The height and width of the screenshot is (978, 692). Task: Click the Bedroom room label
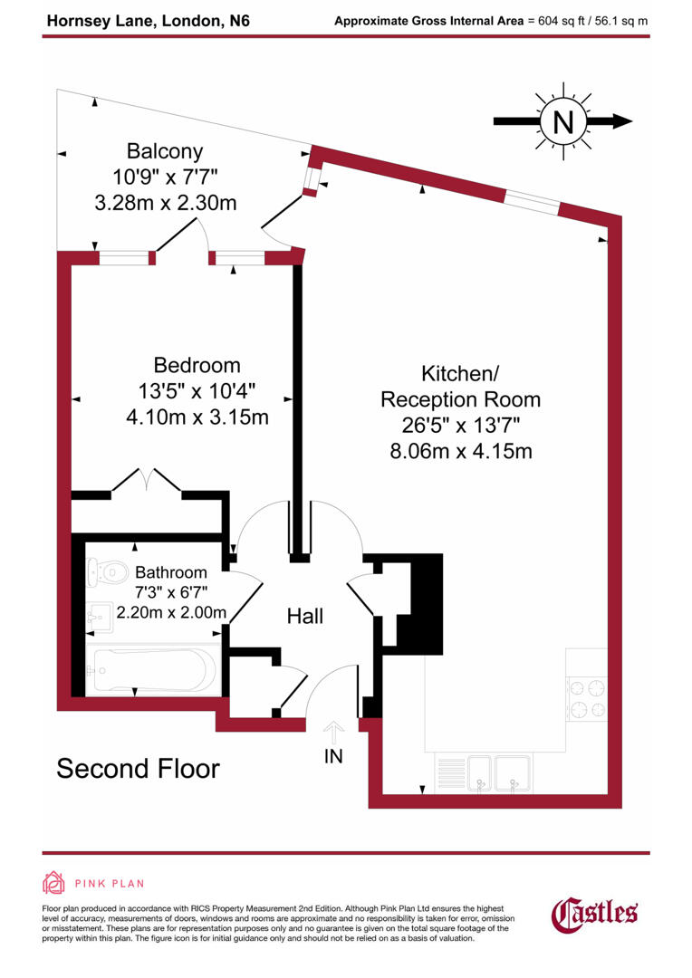click(197, 366)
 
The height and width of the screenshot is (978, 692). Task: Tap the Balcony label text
click(165, 151)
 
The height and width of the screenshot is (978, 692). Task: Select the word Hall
click(305, 617)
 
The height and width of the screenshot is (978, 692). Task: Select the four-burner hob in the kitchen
click(586, 698)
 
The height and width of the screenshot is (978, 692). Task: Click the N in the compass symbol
click(563, 120)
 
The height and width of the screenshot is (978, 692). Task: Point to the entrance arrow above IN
click(333, 731)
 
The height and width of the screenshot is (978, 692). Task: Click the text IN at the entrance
click(333, 756)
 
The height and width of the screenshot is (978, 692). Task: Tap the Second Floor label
click(138, 769)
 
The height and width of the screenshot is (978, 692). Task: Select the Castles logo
click(595, 912)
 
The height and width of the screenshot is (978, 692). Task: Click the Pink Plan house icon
click(54, 883)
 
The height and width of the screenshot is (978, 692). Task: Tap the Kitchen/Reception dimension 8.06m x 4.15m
click(460, 450)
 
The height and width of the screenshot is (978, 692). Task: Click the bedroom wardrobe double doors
click(147, 481)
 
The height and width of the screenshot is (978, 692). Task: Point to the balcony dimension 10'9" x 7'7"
click(165, 177)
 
